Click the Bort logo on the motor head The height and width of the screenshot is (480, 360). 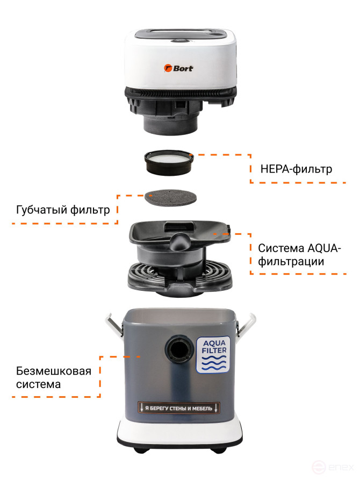click(x=178, y=68)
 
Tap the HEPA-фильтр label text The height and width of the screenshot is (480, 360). click(x=296, y=169)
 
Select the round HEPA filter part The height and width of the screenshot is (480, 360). click(x=169, y=162)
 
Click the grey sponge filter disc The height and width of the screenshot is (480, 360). click(x=170, y=197)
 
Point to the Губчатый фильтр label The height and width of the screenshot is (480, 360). click(x=63, y=210)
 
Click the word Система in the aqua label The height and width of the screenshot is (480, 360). click(x=281, y=248)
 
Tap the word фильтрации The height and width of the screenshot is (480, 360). click(x=291, y=262)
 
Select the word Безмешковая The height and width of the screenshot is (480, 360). click(x=54, y=371)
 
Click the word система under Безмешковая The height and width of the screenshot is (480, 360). click(x=38, y=384)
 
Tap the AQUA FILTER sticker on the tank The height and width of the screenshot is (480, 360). click(x=213, y=355)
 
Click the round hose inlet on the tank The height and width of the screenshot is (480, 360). click(x=178, y=349)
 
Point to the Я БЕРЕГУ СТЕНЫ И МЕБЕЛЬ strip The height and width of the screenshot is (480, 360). click(x=179, y=408)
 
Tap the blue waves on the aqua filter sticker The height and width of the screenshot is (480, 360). click(x=213, y=362)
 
